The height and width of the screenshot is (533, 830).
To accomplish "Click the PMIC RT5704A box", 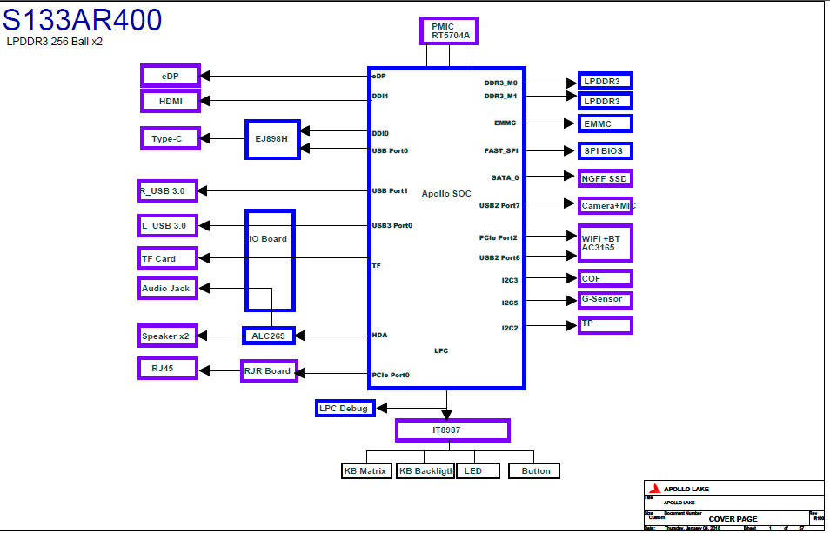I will click(x=449, y=31).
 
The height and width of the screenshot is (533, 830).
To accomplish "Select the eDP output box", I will click(x=171, y=76).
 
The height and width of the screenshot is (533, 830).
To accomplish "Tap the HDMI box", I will click(x=171, y=101).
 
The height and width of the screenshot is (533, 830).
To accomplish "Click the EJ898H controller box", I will click(x=272, y=139).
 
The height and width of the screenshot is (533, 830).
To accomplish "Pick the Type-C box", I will click(x=170, y=137).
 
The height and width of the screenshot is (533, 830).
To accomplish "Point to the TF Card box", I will click(x=168, y=258).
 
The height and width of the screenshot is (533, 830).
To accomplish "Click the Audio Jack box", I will click(x=168, y=288).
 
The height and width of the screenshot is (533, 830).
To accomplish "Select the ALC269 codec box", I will click(x=269, y=336).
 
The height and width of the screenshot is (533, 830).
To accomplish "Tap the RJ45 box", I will click(x=168, y=368).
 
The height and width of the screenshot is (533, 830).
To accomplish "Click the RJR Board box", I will click(x=269, y=371).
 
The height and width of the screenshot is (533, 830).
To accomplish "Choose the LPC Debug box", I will click(x=345, y=408).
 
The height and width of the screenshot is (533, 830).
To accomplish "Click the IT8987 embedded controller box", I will click(x=452, y=430).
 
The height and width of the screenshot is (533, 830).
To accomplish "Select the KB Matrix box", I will click(x=365, y=470).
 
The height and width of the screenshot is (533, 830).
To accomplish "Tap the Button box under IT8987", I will click(x=534, y=470).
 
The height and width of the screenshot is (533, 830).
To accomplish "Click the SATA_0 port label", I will click(x=505, y=177).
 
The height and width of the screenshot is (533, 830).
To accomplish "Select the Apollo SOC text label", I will click(x=446, y=193).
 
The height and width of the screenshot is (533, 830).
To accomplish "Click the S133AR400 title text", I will click(x=83, y=19).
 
